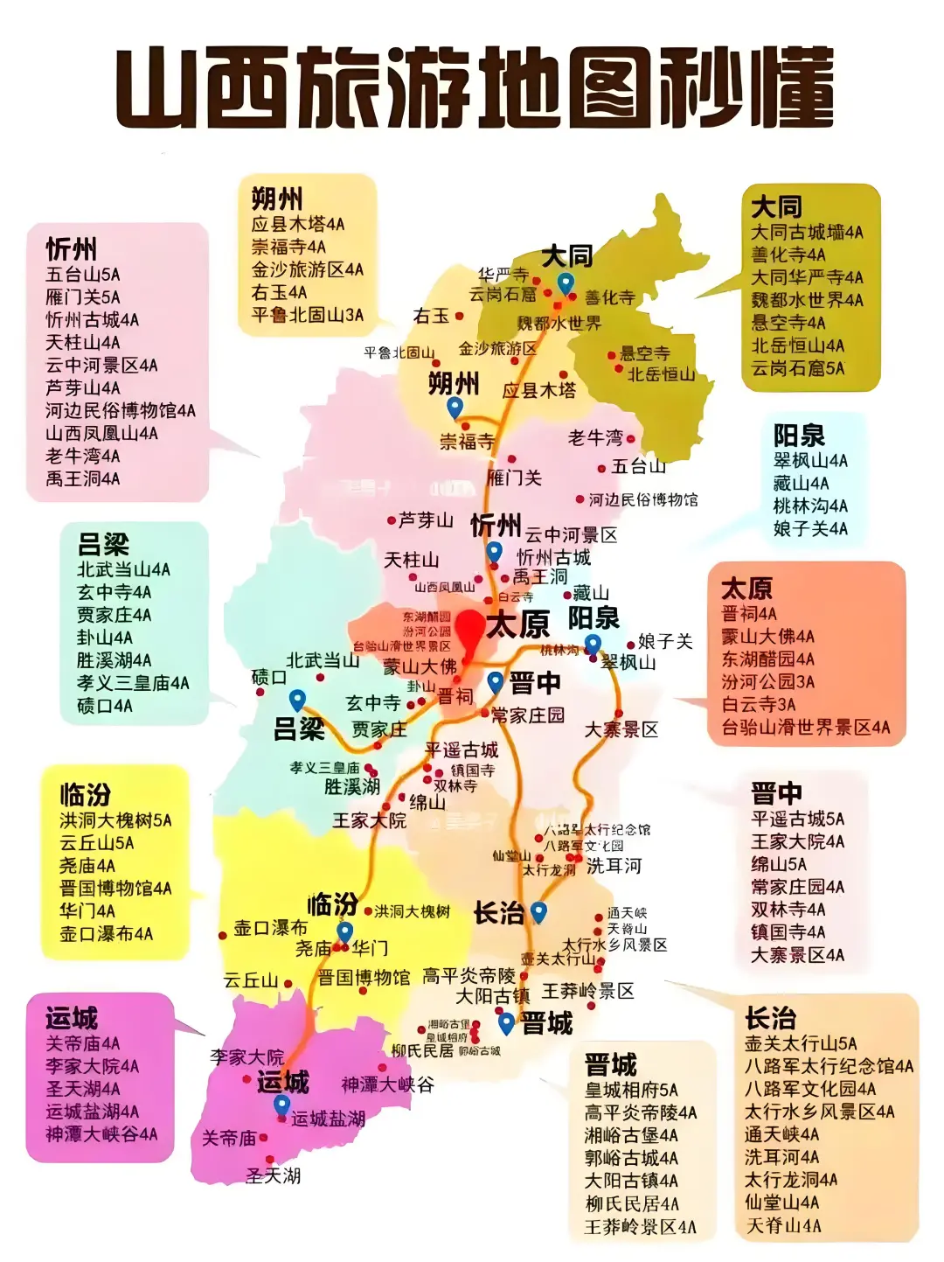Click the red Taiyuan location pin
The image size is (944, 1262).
470,629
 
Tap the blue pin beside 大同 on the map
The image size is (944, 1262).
566,283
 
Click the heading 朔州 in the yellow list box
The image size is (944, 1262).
277,199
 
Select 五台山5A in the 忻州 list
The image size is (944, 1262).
83,275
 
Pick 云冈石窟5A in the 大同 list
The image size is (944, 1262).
798,368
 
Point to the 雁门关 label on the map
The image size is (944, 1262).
514,478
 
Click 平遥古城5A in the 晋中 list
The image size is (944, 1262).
797,819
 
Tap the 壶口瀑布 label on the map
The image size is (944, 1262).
270,928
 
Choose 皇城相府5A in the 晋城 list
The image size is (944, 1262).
631,1090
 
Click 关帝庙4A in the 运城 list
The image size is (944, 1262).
83,1043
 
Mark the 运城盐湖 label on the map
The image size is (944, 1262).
328,1119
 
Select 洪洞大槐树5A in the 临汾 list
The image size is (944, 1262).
115,820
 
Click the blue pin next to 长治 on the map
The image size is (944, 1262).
538,912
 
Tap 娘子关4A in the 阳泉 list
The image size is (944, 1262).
810,528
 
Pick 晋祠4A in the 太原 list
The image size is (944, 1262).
749,613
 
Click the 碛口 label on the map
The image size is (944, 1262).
268,677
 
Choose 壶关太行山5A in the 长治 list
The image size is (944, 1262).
801,1043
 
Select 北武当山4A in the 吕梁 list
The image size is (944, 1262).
123,569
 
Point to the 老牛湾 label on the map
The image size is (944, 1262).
595,437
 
